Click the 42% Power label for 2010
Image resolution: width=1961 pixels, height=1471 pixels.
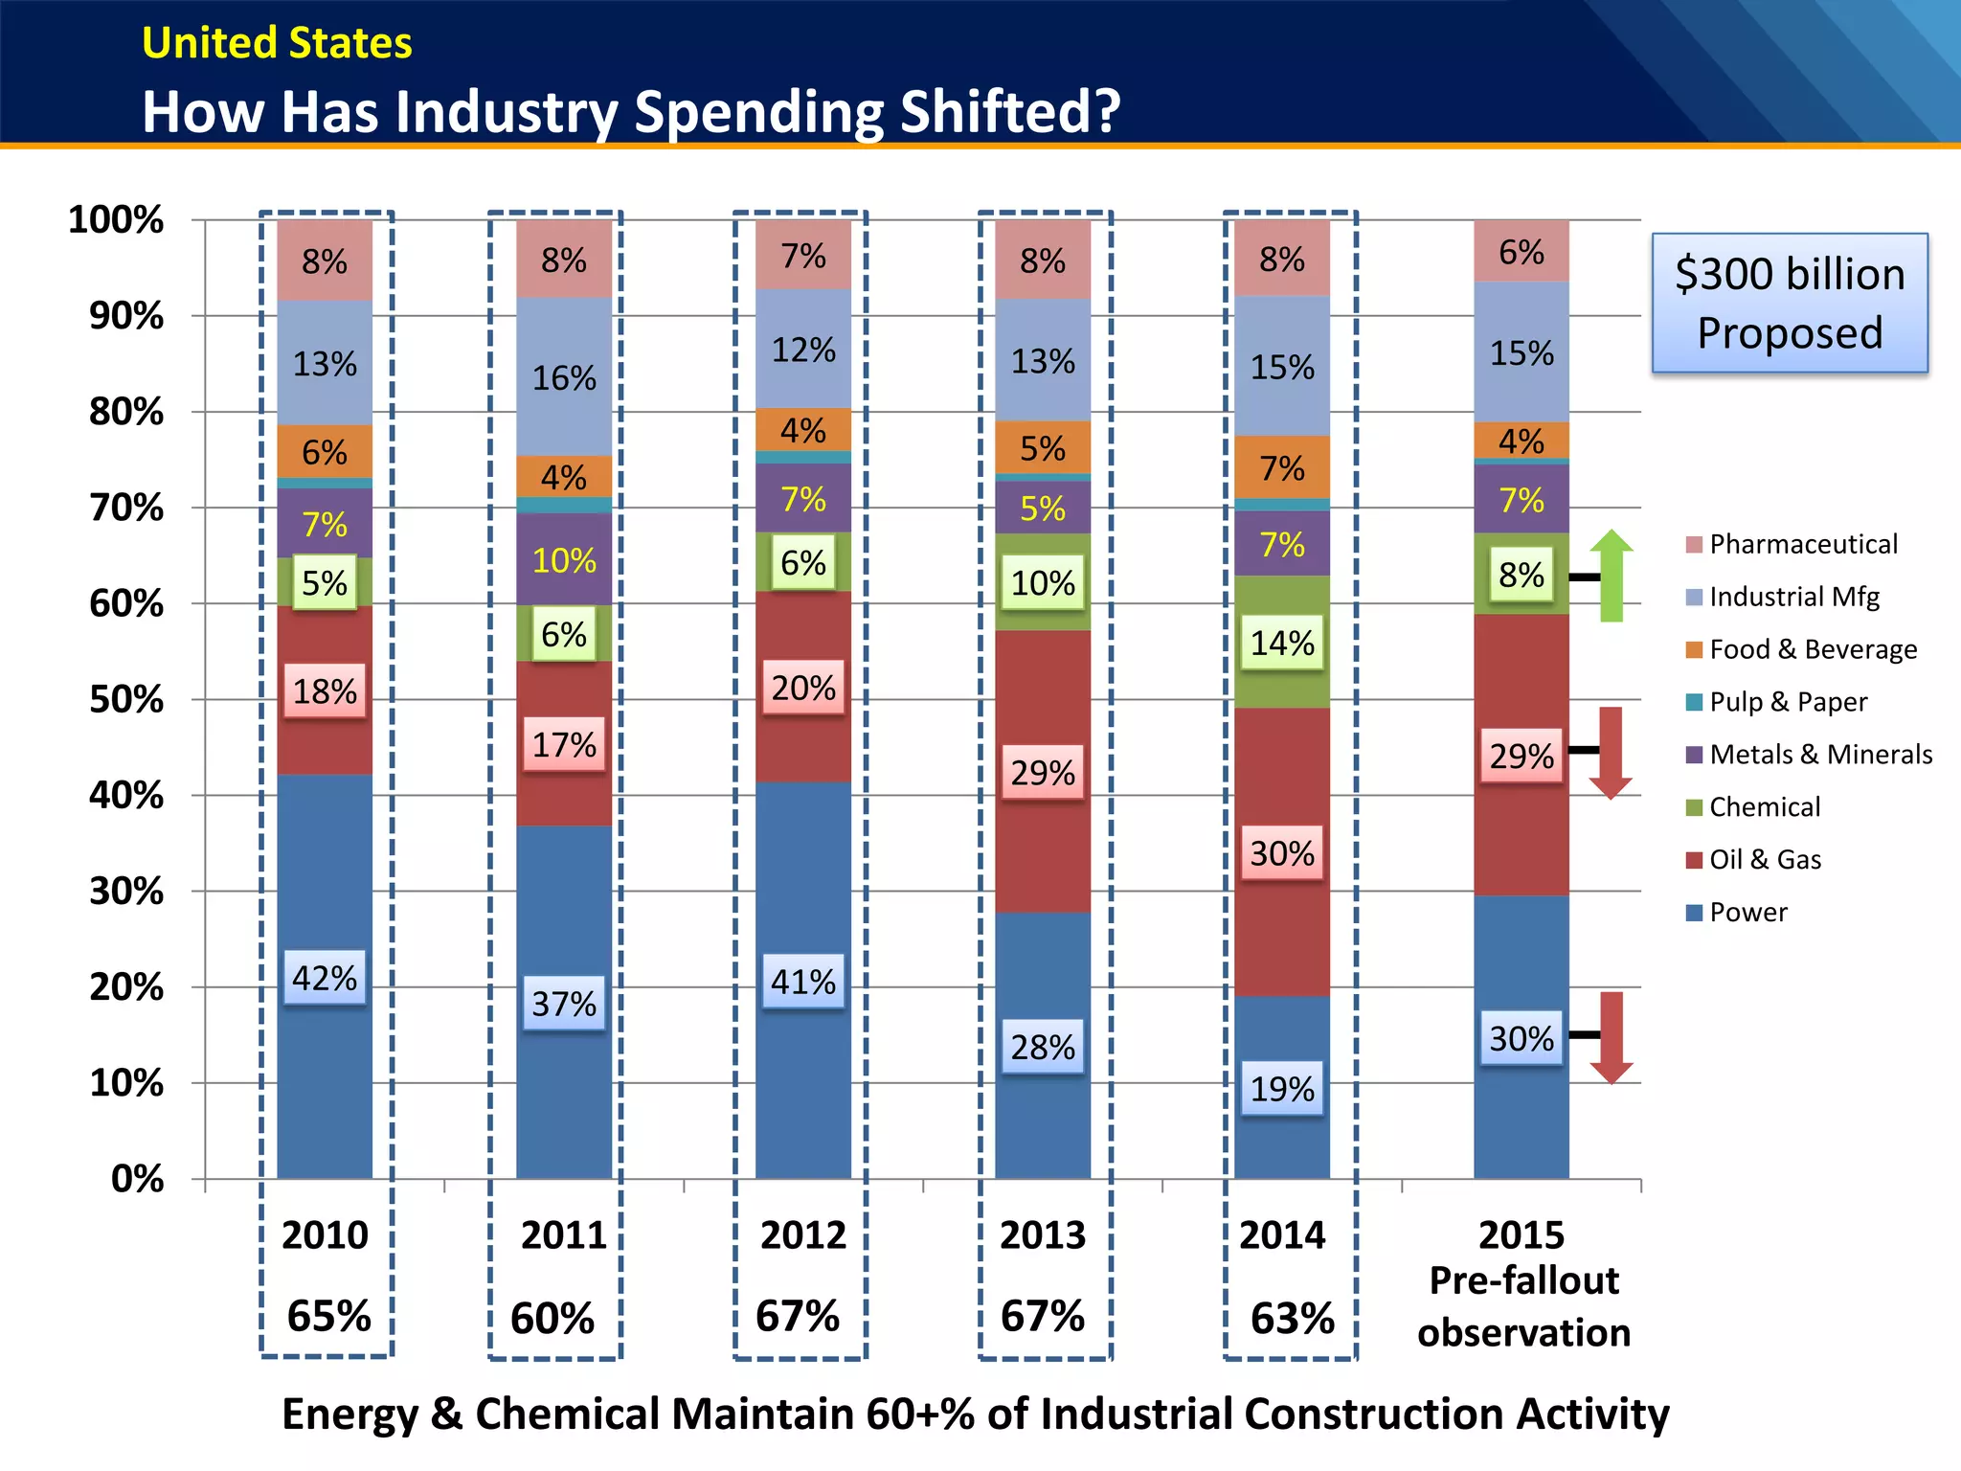coord(325,978)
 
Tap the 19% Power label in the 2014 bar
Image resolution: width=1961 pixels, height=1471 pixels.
coord(1282,1089)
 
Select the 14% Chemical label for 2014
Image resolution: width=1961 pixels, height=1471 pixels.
coord(1282,643)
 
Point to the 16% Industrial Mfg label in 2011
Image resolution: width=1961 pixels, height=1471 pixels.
coord(564,378)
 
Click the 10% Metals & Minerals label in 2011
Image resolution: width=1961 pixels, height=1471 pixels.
coord(564,560)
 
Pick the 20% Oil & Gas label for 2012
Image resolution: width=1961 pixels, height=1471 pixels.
coord(803,688)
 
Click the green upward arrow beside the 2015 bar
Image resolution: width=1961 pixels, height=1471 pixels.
coord(1612,575)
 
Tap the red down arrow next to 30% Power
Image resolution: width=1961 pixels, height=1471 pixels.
coord(1612,1037)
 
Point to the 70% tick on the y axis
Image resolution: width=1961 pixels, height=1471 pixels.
coord(126,508)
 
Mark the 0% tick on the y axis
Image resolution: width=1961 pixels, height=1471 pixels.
coord(137,1179)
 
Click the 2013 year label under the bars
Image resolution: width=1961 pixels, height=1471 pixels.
coord(1043,1235)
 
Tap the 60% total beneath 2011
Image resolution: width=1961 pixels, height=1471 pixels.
coord(552,1319)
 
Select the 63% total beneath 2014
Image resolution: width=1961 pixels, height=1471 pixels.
coord(1292,1319)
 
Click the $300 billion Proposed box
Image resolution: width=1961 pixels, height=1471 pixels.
coord(1790,303)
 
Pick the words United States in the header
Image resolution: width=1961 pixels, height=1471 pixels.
coord(277,43)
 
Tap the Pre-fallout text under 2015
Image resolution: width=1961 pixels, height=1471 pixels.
coord(1523,1280)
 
